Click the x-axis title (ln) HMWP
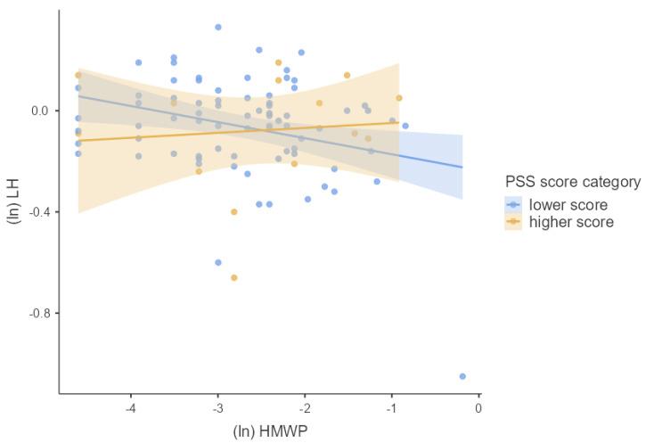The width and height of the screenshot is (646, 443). coord(269,431)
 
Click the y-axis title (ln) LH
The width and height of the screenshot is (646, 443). coord(13,201)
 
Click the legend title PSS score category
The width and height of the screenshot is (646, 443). coord(573,182)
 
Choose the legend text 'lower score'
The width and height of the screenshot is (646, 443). coord(568,205)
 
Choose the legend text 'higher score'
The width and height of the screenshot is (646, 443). coord(571,222)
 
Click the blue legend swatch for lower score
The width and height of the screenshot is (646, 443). coord(513,205)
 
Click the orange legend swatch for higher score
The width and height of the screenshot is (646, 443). coord(513,222)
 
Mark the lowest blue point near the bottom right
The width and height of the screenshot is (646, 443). coord(462,376)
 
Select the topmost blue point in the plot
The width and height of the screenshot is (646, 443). coord(218,27)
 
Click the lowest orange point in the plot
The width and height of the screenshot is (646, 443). coord(234,277)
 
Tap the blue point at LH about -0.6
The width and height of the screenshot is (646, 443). coord(218,262)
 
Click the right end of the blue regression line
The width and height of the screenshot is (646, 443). coord(462,167)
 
